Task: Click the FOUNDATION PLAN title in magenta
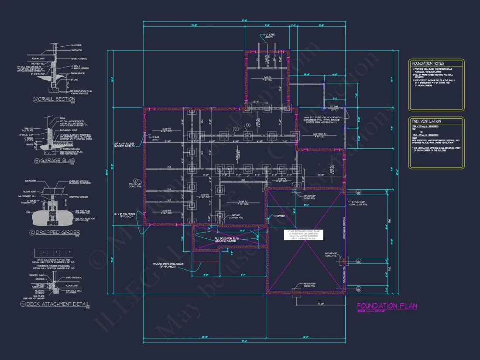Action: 387,306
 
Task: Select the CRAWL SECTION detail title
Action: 57,99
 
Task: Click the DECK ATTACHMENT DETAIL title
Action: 64,304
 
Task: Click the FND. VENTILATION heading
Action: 426,121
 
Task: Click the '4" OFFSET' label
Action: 279,216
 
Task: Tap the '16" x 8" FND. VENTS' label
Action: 125,215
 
